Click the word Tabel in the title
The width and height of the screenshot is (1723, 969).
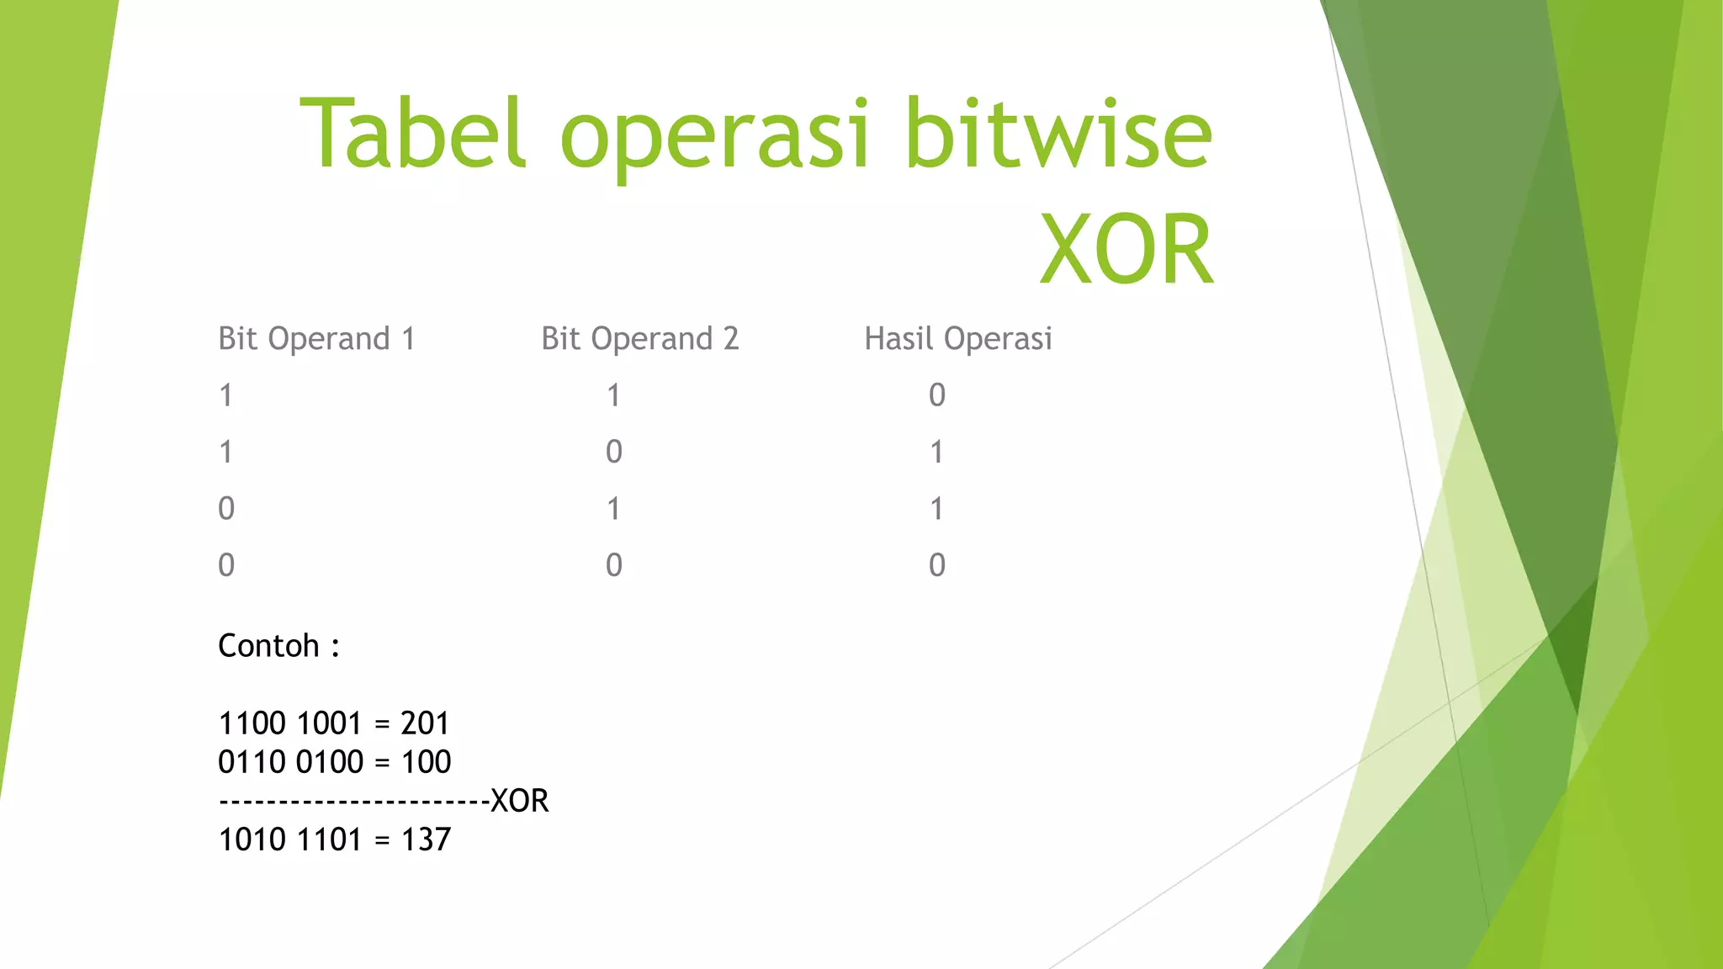412,135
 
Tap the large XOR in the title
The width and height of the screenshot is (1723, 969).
1127,251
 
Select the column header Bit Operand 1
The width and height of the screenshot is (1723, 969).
316,339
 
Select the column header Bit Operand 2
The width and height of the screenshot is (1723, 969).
639,339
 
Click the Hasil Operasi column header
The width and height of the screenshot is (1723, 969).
958,339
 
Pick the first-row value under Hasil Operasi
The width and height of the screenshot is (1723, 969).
937,395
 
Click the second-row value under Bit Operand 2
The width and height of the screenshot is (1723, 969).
614,453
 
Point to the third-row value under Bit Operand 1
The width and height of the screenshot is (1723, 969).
226,509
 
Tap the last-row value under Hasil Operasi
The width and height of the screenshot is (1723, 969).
937,565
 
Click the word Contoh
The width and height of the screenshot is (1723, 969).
268,646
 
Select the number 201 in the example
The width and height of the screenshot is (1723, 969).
425,723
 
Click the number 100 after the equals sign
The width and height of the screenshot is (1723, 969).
426,762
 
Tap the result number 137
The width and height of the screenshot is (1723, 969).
426,839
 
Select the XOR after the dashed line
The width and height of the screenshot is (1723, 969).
519,801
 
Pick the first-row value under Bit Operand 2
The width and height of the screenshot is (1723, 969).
614,395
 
